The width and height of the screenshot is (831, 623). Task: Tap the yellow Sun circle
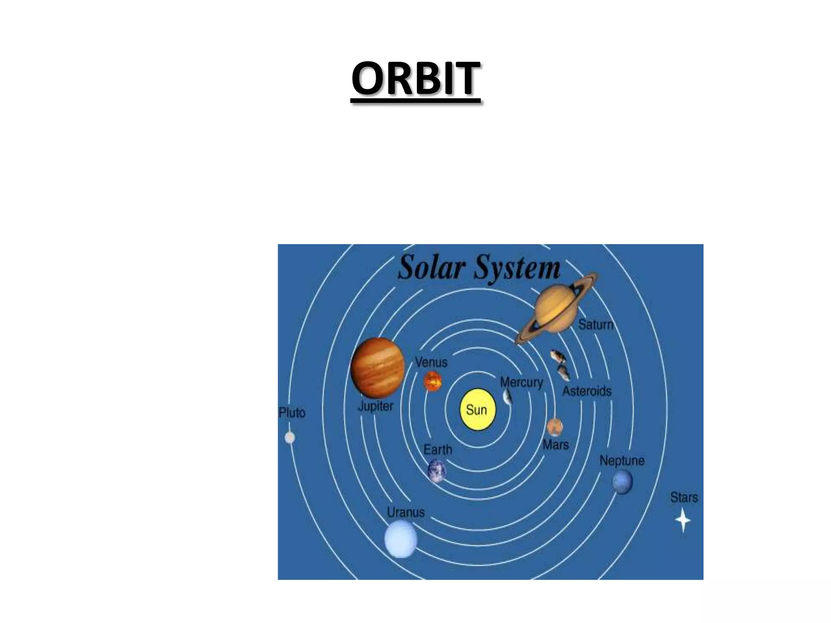click(478, 410)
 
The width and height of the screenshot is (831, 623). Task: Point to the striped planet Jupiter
click(377, 367)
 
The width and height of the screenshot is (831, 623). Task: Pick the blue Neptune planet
click(622, 481)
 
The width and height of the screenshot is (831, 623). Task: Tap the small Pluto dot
click(290, 438)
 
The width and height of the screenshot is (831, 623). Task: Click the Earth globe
click(437, 470)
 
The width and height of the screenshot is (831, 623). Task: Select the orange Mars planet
click(554, 427)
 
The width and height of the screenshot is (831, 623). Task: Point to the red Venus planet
click(433, 381)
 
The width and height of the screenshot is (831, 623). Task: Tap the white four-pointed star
click(683, 520)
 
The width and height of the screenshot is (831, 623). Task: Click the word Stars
click(684, 497)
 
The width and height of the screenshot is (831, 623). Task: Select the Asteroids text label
click(587, 391)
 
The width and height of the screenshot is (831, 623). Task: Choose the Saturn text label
click(595, 324)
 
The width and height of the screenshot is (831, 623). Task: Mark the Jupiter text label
click(376, 406)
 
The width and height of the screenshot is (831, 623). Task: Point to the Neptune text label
click(622, 461)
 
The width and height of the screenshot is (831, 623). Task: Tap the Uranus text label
click(405, 512)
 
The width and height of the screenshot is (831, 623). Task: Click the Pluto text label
click(292, 413)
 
